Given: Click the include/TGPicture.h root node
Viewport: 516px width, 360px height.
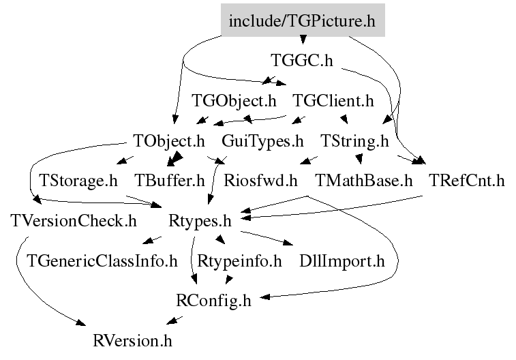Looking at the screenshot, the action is (303, 20).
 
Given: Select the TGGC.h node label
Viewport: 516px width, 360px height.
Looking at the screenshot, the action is (302, 61).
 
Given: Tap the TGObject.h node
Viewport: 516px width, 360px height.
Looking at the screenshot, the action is (234, 101).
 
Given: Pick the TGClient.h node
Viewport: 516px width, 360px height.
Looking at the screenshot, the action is (333, 101).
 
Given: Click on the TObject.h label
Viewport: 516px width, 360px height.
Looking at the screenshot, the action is (169, 141).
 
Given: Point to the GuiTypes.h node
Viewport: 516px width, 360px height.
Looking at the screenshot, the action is (262, 141).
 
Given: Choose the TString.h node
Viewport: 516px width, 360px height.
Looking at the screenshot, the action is (354, 141).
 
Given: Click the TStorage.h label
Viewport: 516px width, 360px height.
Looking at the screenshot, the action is (78, 181).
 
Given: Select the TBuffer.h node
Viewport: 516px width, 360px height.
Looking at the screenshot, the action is (170, 181).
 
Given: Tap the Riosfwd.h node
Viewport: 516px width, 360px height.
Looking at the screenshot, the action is (260, 181).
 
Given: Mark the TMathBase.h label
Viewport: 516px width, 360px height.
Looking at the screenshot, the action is (363, 181).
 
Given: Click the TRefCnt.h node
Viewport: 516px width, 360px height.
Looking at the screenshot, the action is (467, 181).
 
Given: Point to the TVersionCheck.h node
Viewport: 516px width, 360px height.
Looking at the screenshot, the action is (74, 221).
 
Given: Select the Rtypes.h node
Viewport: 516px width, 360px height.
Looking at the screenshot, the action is (200, 221).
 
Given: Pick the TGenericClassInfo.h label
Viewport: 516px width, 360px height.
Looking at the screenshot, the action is (102, 261).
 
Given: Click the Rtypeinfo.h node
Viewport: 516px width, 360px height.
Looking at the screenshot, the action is (239, 261).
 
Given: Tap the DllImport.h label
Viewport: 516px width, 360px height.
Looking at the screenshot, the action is (342, 261).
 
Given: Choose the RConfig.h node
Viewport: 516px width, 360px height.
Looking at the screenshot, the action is (213, 301).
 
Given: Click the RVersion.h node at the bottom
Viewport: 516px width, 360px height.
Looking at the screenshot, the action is (133, 341).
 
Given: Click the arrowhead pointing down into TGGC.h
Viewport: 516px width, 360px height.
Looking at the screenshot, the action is (303, 40).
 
